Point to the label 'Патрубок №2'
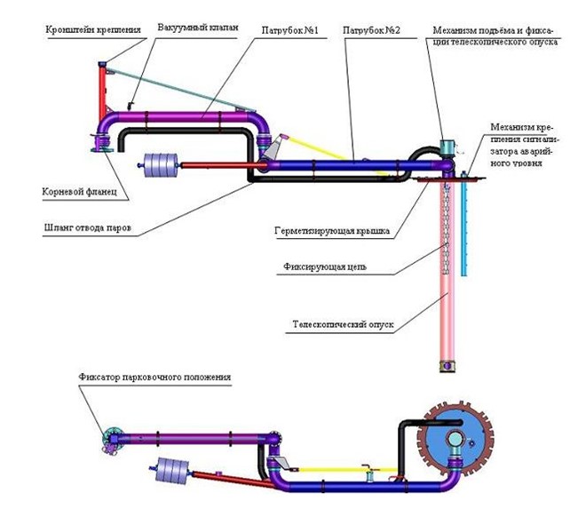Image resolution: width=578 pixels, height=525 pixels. coord(368,29)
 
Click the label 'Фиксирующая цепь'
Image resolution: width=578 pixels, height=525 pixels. coord(325,265)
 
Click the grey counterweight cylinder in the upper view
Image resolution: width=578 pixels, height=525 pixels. coord(157,166)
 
